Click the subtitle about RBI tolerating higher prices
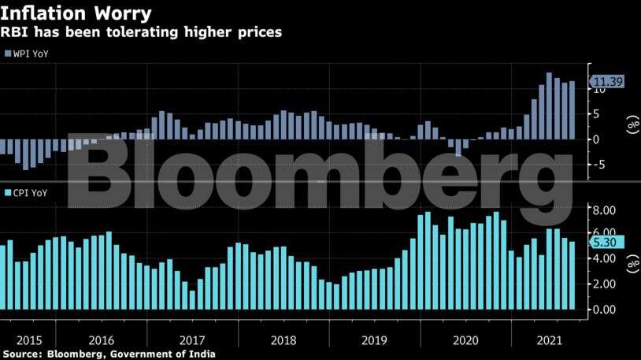142,33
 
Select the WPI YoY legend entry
27,54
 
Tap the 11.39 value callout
609,81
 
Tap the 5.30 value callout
608,243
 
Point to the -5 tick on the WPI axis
601,165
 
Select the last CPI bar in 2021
572,276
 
